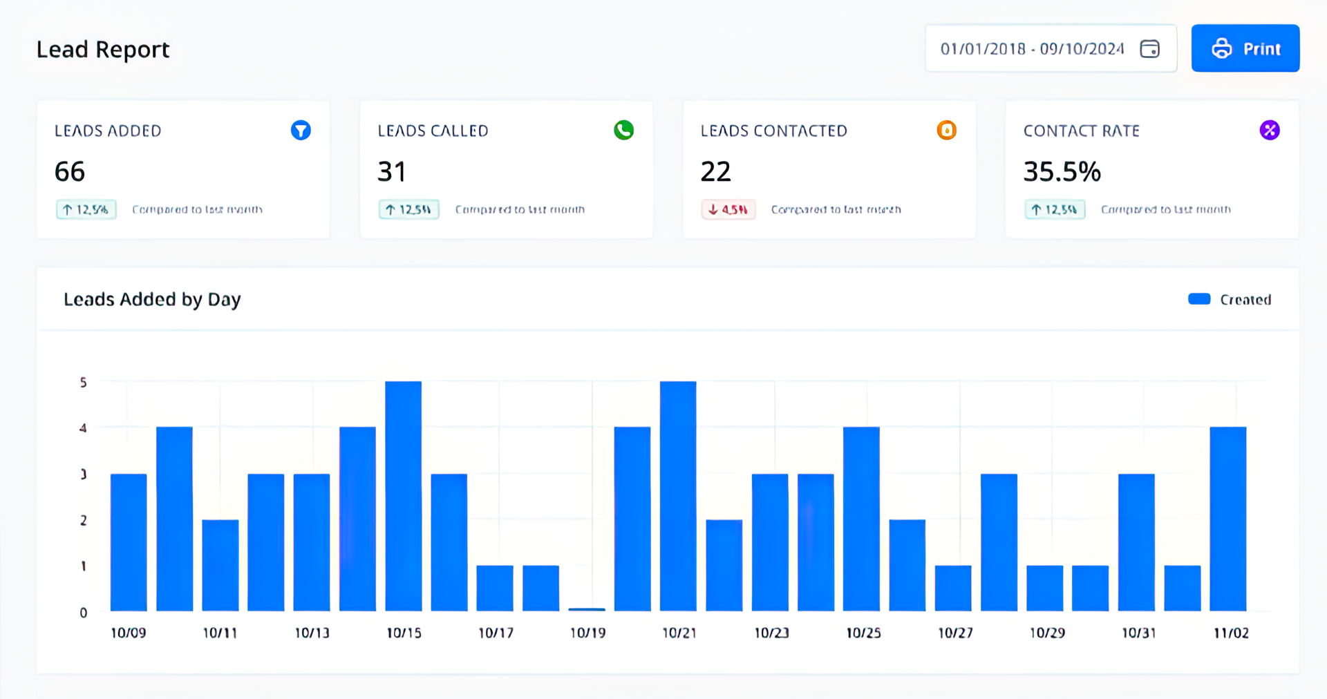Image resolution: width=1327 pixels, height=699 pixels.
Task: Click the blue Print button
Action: (1245, 48)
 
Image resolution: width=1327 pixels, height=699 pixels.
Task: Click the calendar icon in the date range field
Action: (1149, 49)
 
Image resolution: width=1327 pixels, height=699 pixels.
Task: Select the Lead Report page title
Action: (103, 50)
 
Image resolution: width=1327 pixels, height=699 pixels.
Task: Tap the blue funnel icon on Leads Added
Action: (301, 130)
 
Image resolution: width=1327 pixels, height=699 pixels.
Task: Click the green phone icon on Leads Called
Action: (623, 130)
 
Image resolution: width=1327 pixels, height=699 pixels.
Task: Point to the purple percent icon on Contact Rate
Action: (1269, 130)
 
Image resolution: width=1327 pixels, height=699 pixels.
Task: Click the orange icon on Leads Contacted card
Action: (946, 130)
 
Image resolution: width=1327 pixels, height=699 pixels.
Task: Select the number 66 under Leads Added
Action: (70, 171)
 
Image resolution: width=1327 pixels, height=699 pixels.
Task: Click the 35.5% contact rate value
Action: (1062, 171)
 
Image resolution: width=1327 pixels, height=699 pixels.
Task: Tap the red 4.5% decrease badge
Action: (728, 209)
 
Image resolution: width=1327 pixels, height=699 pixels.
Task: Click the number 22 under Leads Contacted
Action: (715, 171)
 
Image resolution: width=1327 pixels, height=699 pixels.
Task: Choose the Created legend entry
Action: (1230, 299)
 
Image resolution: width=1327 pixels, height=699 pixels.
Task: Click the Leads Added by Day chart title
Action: (152, 299)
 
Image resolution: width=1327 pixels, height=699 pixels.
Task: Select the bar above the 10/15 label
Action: (403, 496)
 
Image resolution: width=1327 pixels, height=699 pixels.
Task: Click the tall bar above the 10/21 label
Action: (677, 496)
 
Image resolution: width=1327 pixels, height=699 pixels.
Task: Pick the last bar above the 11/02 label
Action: (1227, 518)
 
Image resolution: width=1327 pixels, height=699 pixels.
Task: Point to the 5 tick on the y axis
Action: (84, 382)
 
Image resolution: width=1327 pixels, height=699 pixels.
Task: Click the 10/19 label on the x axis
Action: (587, 633)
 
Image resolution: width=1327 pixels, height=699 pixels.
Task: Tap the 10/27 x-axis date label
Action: (955, 633)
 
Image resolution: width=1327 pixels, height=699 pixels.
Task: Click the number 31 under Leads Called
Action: (391, 171)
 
